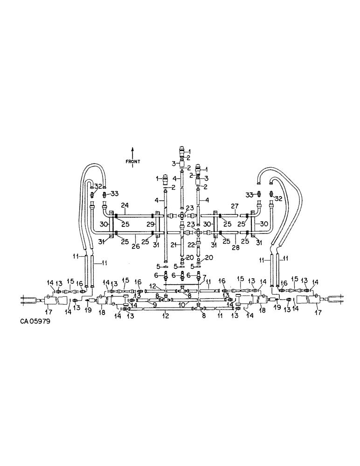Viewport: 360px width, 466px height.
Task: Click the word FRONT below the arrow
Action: click(x=132, y=162)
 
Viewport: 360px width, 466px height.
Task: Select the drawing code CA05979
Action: click(x=36, y=321)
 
